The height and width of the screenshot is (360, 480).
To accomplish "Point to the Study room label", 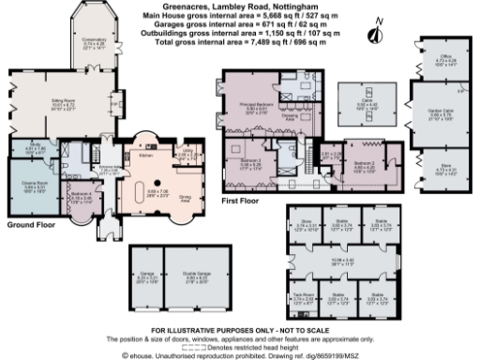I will [33, 145].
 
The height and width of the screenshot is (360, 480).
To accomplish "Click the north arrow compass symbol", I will [375, 34].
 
